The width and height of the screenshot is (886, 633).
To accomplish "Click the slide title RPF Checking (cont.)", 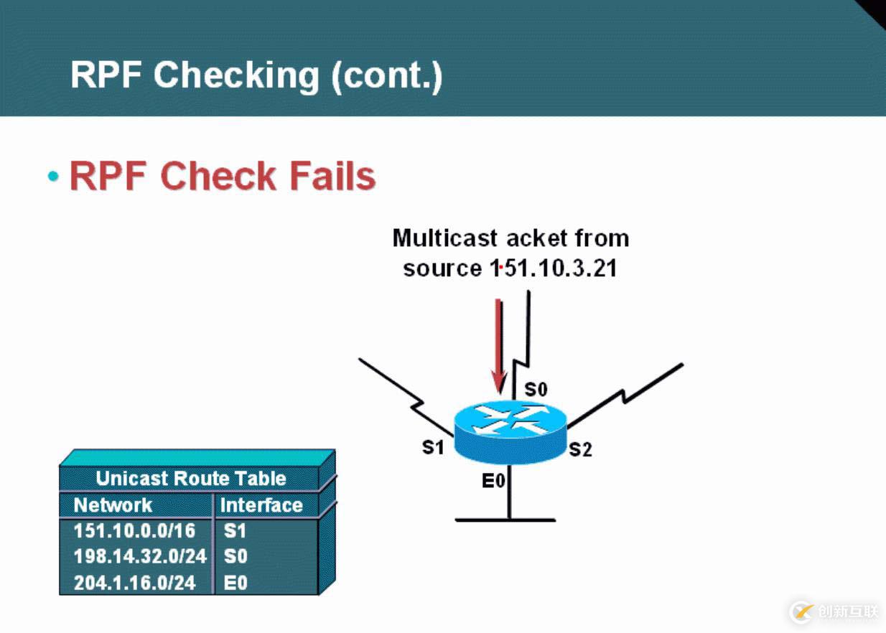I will (x=256, y=75).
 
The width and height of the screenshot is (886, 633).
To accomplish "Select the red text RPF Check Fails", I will (x=222, y=176).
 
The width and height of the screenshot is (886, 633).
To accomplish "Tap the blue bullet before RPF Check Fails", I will (x=52, y=177).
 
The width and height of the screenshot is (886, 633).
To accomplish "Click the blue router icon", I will (x=510, y=429).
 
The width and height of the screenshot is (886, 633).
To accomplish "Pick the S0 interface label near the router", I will (x=536, y=390).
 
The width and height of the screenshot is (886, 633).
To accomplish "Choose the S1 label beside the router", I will (x=433, y=447).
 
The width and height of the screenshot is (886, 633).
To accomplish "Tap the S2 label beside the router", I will (x=580, y=450).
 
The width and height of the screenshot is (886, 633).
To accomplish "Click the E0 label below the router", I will (x=493, y=481).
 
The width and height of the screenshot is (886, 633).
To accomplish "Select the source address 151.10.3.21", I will (x=553, y=268).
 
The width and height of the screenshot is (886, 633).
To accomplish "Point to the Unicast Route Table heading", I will (x=190, y=479).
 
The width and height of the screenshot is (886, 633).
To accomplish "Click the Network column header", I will (x=113, y=505).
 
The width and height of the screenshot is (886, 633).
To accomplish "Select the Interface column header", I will (x=261, y=505).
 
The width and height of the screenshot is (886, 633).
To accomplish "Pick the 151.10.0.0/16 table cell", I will (x=134, y=531).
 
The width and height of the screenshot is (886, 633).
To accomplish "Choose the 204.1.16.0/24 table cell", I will (x=134, y=582).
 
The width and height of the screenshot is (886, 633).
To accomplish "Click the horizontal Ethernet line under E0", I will (x=505, y=519).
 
